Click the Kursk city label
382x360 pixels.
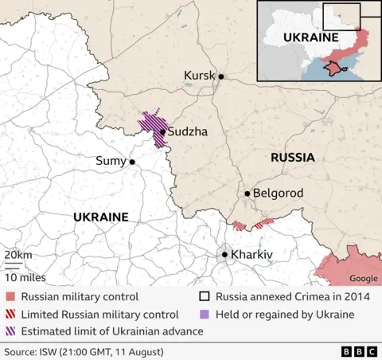pyautogui.click(x=199, y=76)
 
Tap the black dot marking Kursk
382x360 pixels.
pyautogui.click(x=221, y=77)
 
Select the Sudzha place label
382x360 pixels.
pyautogui.click(x=189, y=132)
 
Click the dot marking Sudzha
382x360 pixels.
pyautogui.click(x=162, y=132)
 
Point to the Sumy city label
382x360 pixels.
pyautogui.click(x=111, y=161)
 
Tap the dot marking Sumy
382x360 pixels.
pyautogui.click(x=132, y=162)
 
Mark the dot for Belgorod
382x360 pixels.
pyautogui.click(x=248, y=193)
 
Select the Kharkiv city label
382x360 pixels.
pyautogui.click(x=251, y=255)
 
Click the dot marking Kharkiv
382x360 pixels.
pyautogui.click(x=225, y=255)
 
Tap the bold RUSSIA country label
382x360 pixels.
pyautogui.click(x=292, y=158)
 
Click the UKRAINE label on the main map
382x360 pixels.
pyautogui.click(x=100, y=217)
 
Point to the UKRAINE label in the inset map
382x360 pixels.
pyautogui.click(x=312, y=37)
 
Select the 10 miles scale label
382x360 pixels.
pyautogui.click(x=25, y=277)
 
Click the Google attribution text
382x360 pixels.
pyautogui.click(x=364, y=278)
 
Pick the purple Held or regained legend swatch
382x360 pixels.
pyautogui.click(x=205, y=315)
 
